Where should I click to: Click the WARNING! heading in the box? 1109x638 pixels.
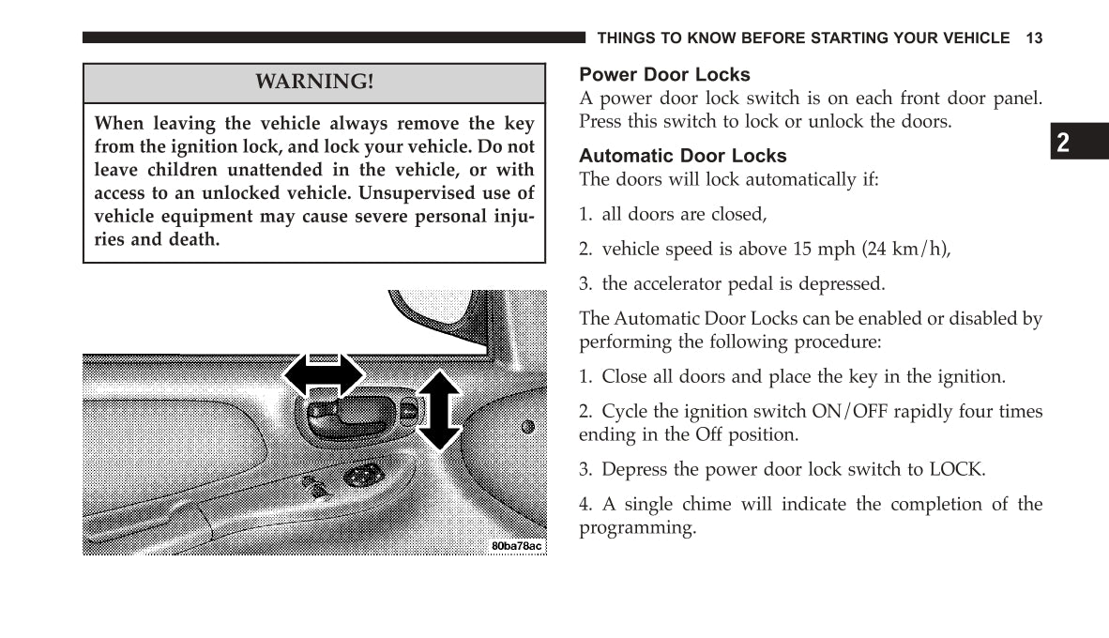(x=314, y=82)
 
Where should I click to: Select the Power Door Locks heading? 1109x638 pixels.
(x=664, y=74)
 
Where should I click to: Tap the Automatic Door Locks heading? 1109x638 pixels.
(x=682, y=156)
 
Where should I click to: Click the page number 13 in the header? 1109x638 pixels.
(x=1034, y=38)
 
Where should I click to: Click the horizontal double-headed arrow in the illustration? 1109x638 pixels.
(x=324, y=375)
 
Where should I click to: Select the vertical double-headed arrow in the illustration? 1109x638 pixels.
(x=438, y=410)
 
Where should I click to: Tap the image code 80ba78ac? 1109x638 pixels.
(x=517, y=546)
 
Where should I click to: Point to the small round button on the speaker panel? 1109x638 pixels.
(x=527, y=427)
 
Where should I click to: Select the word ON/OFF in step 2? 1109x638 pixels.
(x=849, y=411)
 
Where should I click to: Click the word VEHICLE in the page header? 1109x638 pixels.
(x=974, y=38)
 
